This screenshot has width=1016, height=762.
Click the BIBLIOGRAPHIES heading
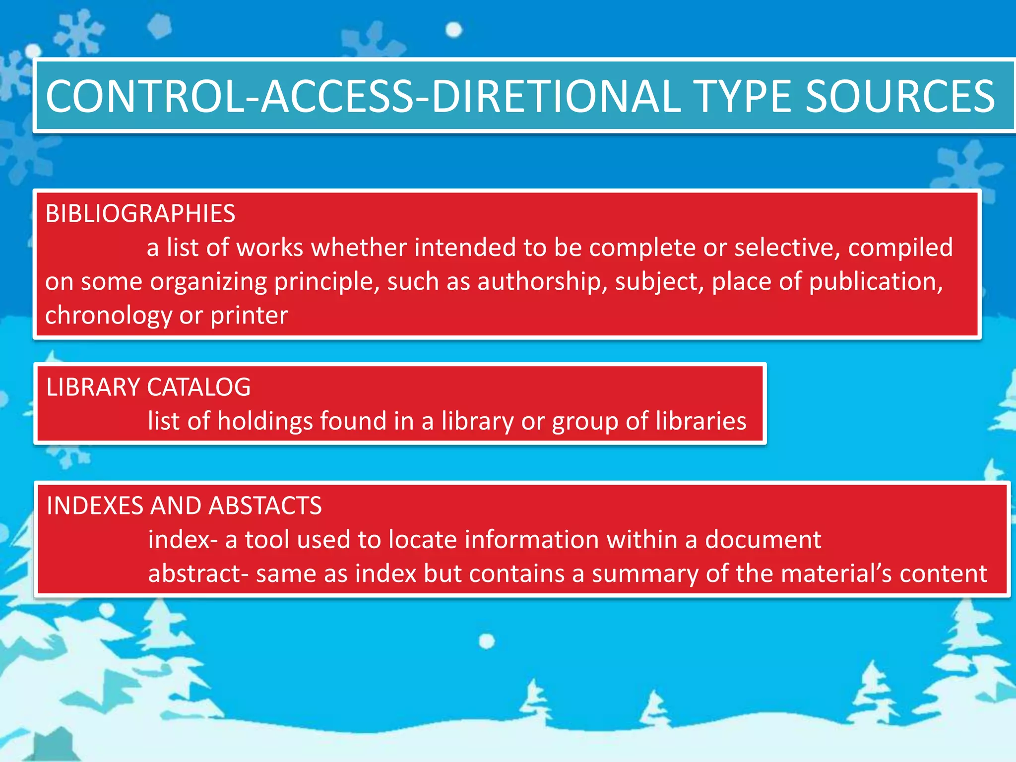pos(140,214)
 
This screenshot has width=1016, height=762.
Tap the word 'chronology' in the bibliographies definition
pos(109,316)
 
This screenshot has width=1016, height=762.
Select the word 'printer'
pos(249,316)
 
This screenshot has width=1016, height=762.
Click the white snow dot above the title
pos(453,30)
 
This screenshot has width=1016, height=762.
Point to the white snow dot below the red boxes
pos(487,641)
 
